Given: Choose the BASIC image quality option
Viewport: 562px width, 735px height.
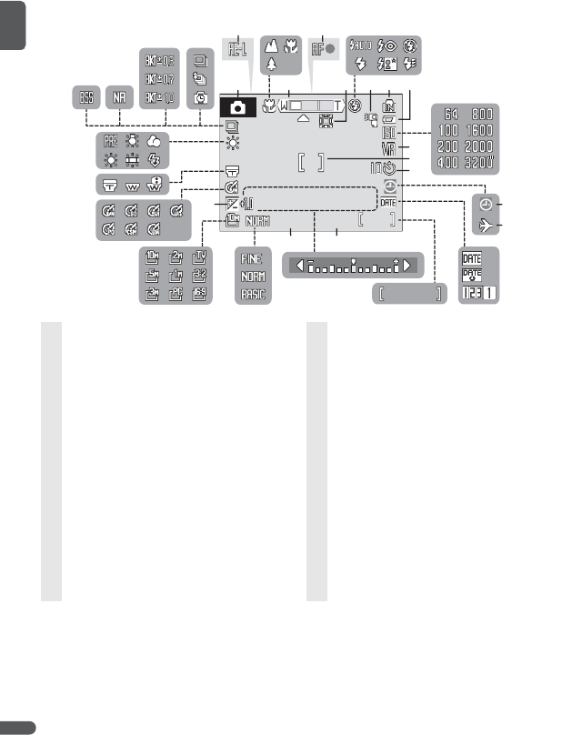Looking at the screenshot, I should point(253,295).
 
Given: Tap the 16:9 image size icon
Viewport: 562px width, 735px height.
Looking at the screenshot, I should point(199,293).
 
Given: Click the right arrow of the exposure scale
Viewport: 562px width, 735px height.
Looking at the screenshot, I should point(410,266).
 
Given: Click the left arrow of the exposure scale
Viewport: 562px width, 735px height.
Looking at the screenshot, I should point(298,266).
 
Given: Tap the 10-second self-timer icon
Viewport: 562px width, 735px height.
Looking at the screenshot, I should point(388,168).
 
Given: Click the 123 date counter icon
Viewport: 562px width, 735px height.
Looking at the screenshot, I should point(478,295).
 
